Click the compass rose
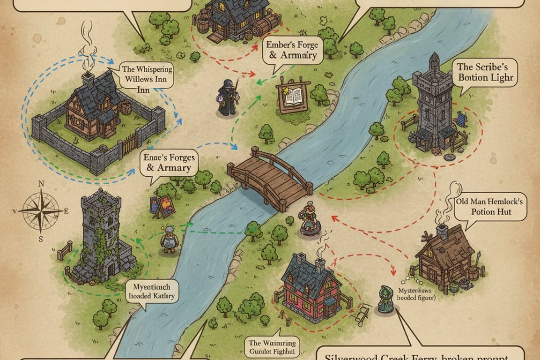41,210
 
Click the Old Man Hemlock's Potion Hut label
491,207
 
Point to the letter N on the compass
41,184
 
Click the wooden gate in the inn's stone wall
130,142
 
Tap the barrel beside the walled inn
126,108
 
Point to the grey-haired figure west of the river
169,240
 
